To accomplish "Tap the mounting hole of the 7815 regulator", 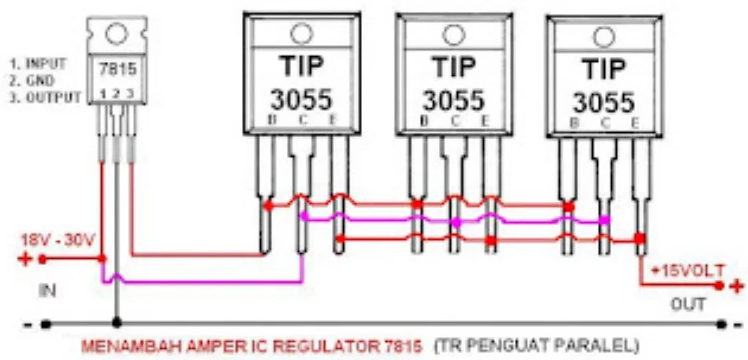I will pyautogui.click(x=116, y=32).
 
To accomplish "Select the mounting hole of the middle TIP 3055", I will pyautogui.click(x=453, y=34).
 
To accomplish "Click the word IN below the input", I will pyautogui.click(x=47, y=292).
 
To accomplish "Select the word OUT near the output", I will pyautogui.click(x=688, y=304).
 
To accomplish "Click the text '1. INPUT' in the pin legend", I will pyautogui.click(x=38, y=63).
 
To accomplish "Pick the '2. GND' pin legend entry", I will pyautogui.click(x=33, y=80).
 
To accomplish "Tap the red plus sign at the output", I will pyautogui.click(x=737, y=286).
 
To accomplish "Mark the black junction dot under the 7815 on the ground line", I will pyautogui.click(x=116, y=323).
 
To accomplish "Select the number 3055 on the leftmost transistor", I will pyautogui.click(x=301, y=100).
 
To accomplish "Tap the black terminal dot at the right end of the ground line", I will pyautogui.click(x=721, y=323).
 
